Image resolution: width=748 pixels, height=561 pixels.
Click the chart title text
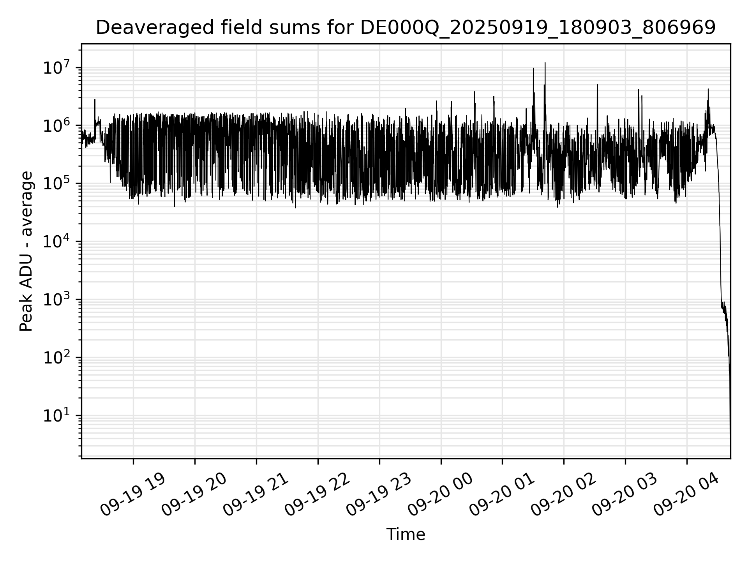(406, 28)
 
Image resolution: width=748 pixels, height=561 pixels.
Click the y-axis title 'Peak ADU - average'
(26, 251)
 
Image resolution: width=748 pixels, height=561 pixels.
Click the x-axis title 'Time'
(406, 535)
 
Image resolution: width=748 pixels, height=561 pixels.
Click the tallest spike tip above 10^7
(545, 63)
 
